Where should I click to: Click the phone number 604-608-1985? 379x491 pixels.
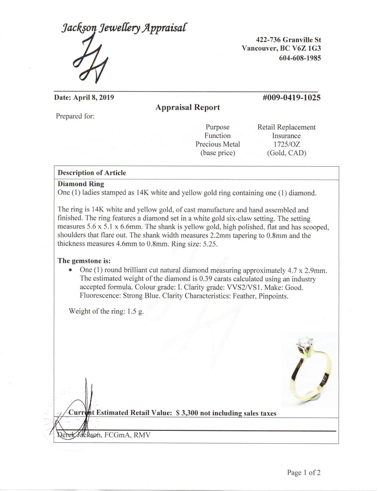pos(300,58)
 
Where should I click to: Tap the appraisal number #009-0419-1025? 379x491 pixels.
pos(292,98)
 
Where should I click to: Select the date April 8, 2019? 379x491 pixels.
pos(84,98)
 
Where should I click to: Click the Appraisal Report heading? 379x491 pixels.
pos(188,107)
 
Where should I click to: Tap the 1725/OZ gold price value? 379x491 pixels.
pos(286,144)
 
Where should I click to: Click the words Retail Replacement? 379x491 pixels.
pos(286,127)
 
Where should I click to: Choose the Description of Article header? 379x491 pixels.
pos(92,173)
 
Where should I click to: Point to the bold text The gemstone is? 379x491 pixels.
pos(84,260)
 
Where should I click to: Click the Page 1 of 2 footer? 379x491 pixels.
pos(304,473)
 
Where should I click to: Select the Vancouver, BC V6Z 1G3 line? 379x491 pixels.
pos(282,48)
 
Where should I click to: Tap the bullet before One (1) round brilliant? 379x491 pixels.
pos(72,271)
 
